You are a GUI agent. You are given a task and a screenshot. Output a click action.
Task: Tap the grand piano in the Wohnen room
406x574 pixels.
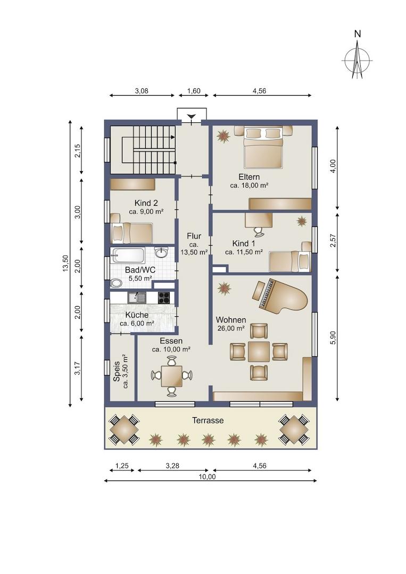(x=280, y=295)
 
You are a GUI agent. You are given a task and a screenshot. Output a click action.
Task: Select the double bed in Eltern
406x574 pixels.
(x=263, y=147)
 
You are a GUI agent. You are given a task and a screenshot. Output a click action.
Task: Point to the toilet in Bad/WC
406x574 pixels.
(x=117, y=283)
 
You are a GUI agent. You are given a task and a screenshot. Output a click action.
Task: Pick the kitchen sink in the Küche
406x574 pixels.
(x=137, y=297)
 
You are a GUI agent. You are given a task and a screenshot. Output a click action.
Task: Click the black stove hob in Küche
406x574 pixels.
(x=164, y=298)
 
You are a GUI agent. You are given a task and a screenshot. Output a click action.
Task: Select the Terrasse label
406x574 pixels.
(x=208, y=420)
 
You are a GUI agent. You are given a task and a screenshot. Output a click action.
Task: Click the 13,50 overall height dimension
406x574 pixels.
(x=65, y=263)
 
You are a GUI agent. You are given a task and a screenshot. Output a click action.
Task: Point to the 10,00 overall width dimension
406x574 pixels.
(x=208, y=477)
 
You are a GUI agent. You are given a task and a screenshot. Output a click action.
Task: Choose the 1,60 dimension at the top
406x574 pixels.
(x=194, y=91)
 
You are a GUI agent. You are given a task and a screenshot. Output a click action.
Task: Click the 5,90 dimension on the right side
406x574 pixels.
(x=333, y=337)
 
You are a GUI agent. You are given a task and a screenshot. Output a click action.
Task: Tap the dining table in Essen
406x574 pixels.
(x=171, y=376)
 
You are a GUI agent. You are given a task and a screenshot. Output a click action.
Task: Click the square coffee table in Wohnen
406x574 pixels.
(x=259, y=352)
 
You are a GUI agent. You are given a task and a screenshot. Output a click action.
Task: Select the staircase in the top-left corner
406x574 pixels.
(x=143, y=150)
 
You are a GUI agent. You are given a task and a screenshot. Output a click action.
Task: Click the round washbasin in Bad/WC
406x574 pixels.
(x=161, y=252)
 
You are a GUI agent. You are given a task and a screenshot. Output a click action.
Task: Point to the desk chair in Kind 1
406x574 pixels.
(x=258, y=230)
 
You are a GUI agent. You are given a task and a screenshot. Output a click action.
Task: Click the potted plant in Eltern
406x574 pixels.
(x=223, y=136)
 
